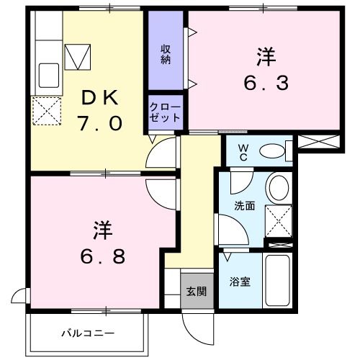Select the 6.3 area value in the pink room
point(264,83)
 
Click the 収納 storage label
point(166,53)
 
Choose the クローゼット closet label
point(165,112)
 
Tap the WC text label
point(243,152)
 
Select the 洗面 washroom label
point(244,206)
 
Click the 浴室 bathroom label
point(240,282)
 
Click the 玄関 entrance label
point(197,292)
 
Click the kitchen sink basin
point(48,73)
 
